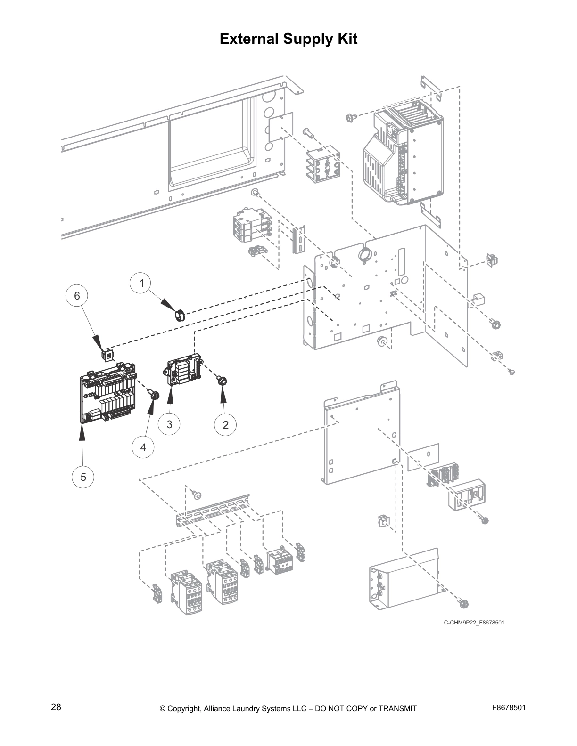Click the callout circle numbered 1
(141, 283)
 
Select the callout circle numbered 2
(225, 424)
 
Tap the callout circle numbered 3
(169, 424)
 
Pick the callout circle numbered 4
(143, 447)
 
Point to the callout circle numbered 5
(83, 477)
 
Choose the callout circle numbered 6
(77, 295)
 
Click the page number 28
(56, 707)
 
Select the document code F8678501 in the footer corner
(508, 707)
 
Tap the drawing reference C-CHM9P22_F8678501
(474, 623)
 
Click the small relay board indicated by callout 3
(182, 369)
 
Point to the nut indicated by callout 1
(180, 314)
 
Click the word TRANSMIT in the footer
(397, 708)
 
